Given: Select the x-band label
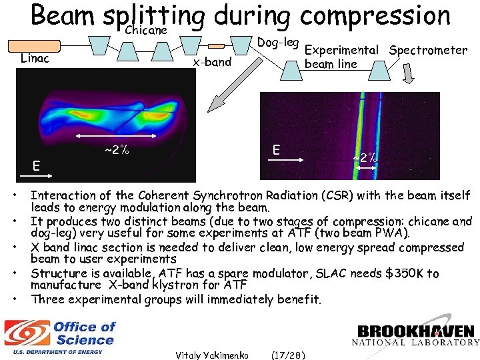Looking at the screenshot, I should [x=212, y=63].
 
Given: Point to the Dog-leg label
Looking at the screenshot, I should [x=277, y=43].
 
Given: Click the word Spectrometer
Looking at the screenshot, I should [x=428, y=50].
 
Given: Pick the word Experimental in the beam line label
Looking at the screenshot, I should [x=341, y=50].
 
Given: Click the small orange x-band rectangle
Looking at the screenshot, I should [x=217, y=46].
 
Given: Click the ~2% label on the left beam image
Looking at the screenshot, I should [x=116, y=151].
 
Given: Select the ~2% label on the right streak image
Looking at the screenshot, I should [x=365, y=158].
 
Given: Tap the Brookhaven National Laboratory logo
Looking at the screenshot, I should [x=417, y=335].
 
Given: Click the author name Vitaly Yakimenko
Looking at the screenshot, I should [x=212, y=355].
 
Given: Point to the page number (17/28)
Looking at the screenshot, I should [x=288, y=355].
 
